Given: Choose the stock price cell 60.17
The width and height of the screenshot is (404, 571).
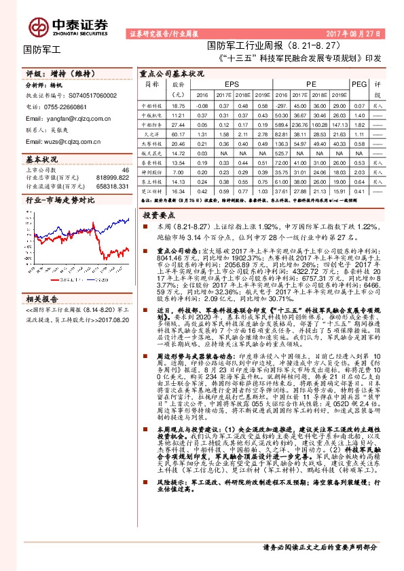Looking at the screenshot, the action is pos(179,135).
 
